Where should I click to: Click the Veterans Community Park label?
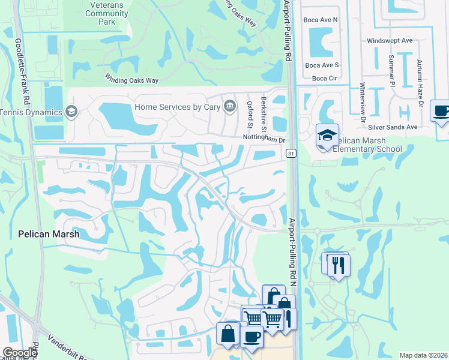coord(98,13)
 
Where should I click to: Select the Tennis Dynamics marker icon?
coord(71,111)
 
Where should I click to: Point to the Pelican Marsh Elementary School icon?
coord(328,135)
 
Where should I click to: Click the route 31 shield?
coord(291,154)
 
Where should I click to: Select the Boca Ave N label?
coord(322,20)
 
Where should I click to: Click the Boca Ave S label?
coord(322,65)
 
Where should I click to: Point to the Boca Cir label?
coord(324,78)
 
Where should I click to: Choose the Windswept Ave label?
coord(390,40)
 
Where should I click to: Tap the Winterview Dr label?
coord(364,103)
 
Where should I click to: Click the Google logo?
coord(19,353)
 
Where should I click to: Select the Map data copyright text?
coord(423,355)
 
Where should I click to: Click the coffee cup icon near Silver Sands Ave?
coord(441,111)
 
